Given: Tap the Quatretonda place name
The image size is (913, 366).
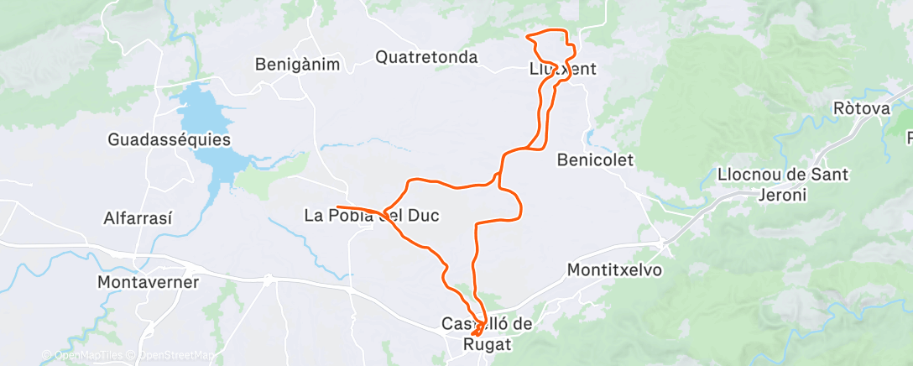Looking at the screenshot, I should click(426, 57).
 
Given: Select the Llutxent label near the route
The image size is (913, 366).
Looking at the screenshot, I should click(562, 70).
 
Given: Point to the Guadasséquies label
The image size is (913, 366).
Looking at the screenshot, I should click(169, 139).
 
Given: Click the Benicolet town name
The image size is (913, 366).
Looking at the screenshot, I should click(595, 159).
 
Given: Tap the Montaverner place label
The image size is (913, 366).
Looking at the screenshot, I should click(149, 282).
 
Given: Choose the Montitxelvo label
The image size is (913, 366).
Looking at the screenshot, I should click(614, 270).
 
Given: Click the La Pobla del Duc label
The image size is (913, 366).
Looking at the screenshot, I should click(371, 216).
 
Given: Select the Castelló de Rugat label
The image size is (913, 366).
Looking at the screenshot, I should click(488, 333).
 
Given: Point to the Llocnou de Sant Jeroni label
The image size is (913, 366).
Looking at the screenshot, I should click(784, 185).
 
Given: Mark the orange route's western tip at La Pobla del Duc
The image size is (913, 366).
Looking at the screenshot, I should click(337, 207).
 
